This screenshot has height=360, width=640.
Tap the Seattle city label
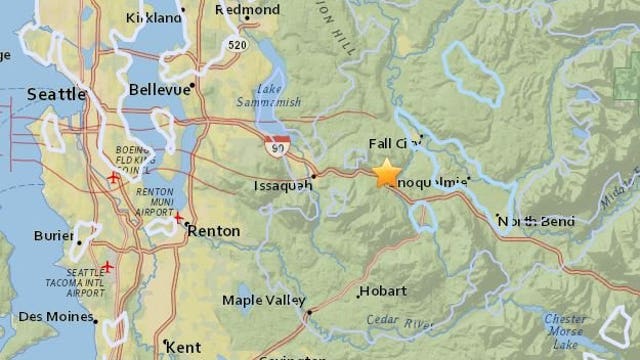click(x=58, y=93)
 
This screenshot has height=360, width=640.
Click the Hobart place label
click(x=384, y=291)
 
